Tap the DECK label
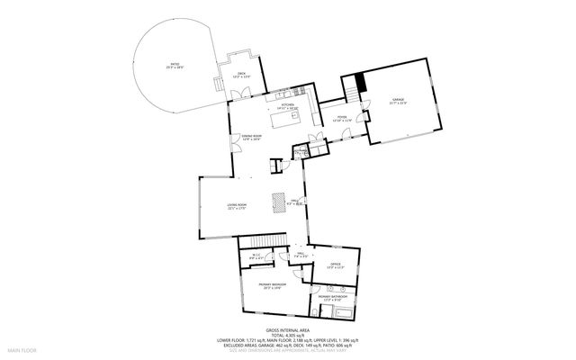point(241,75)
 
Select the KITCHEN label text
point(289,106)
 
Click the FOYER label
point(342,118)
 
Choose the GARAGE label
point(399,101)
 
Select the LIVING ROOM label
point(238,207)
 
